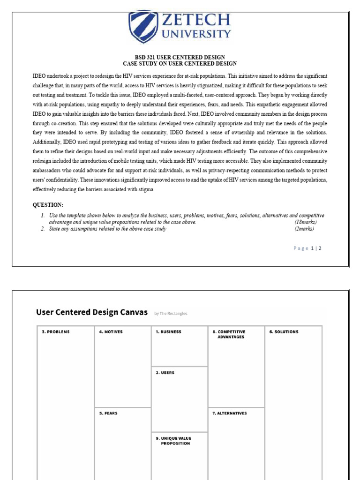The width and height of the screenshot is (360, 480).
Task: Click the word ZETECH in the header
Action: point(196,20)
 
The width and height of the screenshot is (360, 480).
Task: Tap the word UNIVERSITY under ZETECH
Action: point(196,34)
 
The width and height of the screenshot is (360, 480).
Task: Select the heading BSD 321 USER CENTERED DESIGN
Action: point(180,57)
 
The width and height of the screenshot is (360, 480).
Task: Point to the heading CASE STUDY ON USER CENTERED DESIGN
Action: point(180,63)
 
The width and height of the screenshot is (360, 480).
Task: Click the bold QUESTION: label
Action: point(48,205)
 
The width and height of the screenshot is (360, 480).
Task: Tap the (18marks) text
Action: point(306,222)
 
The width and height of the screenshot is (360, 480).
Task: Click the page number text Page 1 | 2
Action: point(307,248)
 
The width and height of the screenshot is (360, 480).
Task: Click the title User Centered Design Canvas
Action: point(92,312)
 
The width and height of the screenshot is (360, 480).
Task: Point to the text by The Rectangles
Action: point(171,314)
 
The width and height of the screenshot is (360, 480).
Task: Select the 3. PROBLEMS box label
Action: point(56,332)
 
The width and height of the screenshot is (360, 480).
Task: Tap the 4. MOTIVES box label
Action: point(111,332)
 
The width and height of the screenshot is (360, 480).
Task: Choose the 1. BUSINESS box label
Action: point(168,332)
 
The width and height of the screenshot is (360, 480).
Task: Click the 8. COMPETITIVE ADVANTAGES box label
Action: point(231,334)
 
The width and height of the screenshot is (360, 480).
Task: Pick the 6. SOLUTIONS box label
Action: point(284,332)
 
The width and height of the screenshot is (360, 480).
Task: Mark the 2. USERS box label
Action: point(165,373)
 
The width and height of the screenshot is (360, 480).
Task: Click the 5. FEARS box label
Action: point(108,413)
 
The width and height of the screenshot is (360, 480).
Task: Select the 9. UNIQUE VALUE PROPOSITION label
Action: point(174,441)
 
